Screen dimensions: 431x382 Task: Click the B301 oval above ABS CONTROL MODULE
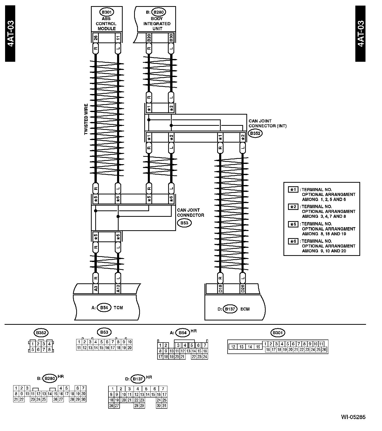pyautogui.click(x=106, y=12)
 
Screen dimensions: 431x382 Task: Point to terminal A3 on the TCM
pyautogui.click(x=95, y=289)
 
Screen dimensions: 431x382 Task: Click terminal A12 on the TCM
pyautogui.click(x=118, y=289)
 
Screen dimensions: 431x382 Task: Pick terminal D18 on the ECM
pyautogui.click(x=220, y=289)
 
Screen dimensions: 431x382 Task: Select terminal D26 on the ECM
pyautogui.click(x=243, y=289)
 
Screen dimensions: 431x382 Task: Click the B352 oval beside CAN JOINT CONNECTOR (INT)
pyautogui.click(x=255, y=133)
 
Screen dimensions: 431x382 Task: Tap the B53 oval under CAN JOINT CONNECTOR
pyautogui.click(x=184, y=223)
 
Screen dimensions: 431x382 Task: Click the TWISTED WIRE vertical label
pyautogui.click(x=86, y=119)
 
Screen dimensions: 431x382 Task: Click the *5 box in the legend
pyautogui.click(x=293, y=224)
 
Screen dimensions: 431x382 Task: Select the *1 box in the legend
pyautogui.click(x=293, y=190)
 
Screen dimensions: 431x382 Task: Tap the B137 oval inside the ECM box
pyautogui.click(x=230, y=309)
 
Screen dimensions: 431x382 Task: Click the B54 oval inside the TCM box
pyautogui.click(x=104, y=307)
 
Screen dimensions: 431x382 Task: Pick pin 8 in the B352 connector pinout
pyautogui.click(x=49, y=350)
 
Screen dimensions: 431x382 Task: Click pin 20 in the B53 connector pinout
pyautogui.click(x=129, y=348)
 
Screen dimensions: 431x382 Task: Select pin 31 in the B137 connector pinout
pyautogui.click(x=164, y=406)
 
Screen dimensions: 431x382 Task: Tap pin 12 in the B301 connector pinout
pyautogui.click(x=233, y=347)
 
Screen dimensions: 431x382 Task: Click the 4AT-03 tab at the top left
pyautogui.click(x=10, y=34)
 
